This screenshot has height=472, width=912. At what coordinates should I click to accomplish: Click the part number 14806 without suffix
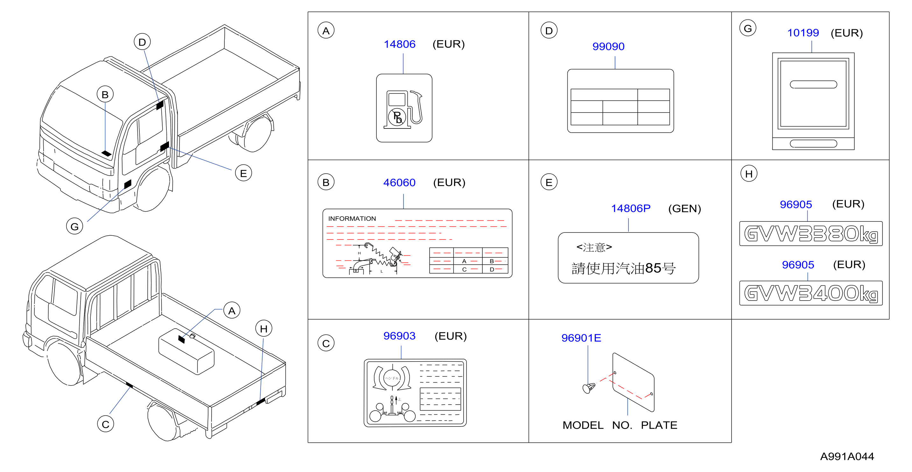(x=399, y=44)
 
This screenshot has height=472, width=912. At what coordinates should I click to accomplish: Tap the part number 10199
(x=803, y=33)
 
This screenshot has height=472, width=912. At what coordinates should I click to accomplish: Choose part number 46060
(x=399, y=183)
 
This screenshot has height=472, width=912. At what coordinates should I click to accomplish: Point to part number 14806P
(x=631, y=208)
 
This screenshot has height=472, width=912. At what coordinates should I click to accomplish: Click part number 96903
(x=399, y=336)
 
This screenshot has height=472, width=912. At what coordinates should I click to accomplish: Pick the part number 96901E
(x=581, y=338)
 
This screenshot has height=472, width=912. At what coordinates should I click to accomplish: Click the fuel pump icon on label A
(x=403, y=109)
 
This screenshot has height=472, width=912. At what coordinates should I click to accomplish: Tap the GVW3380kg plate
(x=811, y=233)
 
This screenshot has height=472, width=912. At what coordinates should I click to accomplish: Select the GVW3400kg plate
(x=811, y=293)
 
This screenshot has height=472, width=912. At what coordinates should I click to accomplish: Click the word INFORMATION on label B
(x=352, y=219)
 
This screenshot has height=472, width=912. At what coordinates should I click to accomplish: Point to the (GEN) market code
(x=684, y=209)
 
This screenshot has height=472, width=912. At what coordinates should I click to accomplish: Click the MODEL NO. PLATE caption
(x=620, y=425)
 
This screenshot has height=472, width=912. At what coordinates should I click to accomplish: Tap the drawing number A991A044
(x=847, y=456)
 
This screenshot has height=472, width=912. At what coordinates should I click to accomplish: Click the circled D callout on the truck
(x=142, y=42)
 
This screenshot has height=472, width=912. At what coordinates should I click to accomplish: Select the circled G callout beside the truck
(x=75, y=226)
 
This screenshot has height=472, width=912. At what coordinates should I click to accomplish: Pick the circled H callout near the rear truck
(x=264, y=329)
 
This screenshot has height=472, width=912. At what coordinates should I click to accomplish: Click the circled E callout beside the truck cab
(x=243, y=173)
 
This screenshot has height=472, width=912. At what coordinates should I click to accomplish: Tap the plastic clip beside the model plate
(x=588, y=388)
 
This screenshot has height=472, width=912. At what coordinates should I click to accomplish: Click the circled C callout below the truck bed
(x=106, y=424)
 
